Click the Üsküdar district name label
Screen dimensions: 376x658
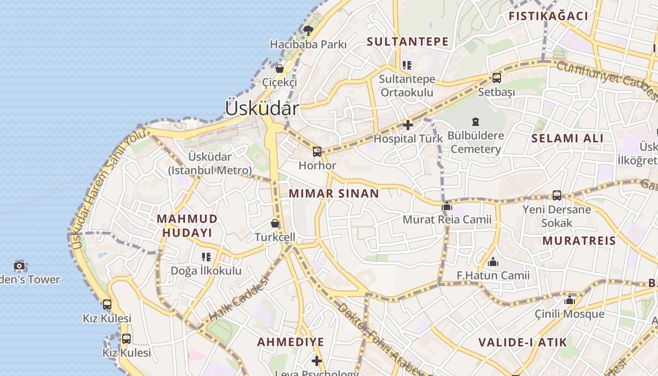(262, 109)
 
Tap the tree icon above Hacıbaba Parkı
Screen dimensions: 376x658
(308, 31)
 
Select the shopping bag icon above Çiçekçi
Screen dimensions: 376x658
(280, 69)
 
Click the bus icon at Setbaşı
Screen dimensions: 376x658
(497, 78)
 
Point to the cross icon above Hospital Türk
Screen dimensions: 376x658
(408, 125)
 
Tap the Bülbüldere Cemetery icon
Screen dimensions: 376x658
(476, 122)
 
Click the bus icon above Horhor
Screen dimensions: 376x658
(317, 151)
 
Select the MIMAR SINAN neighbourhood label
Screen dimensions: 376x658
(334, 193)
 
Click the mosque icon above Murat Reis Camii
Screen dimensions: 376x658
(447, 206)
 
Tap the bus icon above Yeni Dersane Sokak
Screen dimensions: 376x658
(557, 195)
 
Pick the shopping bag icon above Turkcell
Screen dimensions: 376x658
(275, 223)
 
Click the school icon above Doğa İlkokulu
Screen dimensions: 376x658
(206, 257)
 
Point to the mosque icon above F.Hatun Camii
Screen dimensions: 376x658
(493, 262)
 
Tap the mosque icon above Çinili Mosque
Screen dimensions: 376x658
(570, 300)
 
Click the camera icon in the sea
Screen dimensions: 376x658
(19, 266)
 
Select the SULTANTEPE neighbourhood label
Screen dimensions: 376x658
(407, 41)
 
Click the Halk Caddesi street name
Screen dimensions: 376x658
(238, 299)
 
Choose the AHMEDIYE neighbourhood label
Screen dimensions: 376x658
(290, 342)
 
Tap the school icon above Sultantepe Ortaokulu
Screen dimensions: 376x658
(407, 65)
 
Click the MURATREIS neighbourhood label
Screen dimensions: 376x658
(579, 241)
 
